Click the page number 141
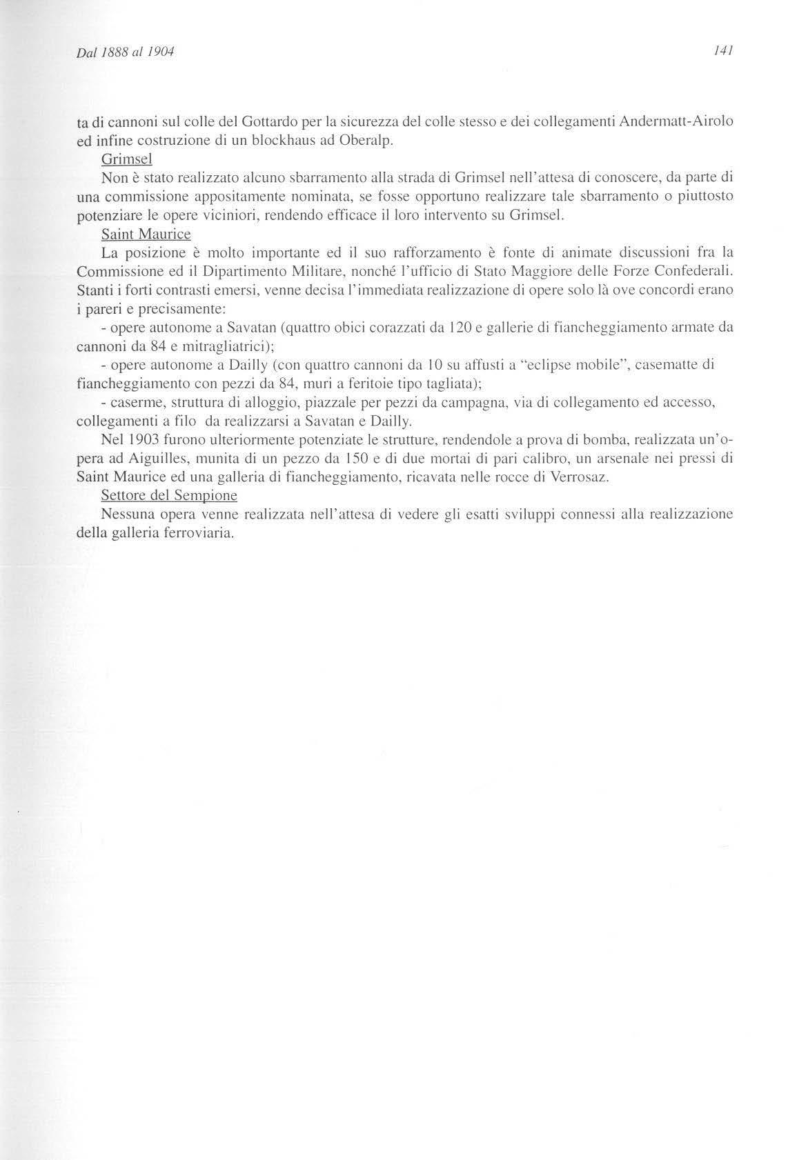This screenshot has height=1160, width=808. point(722,51)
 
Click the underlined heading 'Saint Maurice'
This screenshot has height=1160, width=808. point(146,234)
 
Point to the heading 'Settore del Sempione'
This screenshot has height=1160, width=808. point(168,495)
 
